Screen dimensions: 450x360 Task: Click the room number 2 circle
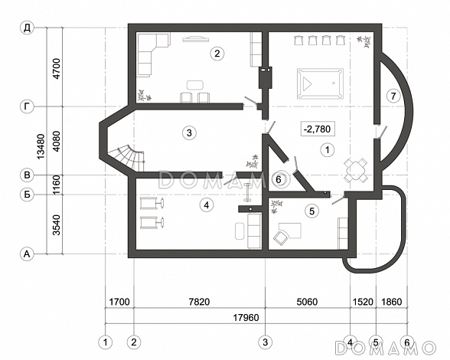(x=217, y=54)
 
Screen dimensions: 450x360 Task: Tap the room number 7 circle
(x=393, y=96)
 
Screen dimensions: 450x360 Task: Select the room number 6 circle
(x=279, y=180)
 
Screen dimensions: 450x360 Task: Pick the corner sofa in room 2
(x=153, y=55)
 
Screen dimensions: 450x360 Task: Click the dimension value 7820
(x=199, y=302)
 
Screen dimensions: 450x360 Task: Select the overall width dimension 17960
(x=246, y=317)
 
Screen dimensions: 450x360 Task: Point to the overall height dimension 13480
(x=41, y=146)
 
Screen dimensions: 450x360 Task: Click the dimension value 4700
(x=57, y=69)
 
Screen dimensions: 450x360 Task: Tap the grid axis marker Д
(x=27, y=28)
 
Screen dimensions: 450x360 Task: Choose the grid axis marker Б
(x=27, y=195)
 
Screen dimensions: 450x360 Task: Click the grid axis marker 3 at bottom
(x=265, y=342)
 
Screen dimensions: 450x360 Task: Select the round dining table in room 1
(x=356, y=170)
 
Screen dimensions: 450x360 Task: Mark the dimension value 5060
(x=307, y=302)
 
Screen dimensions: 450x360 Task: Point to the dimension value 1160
(x=57, y=185)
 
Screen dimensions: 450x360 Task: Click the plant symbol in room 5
(x=277, y=206)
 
